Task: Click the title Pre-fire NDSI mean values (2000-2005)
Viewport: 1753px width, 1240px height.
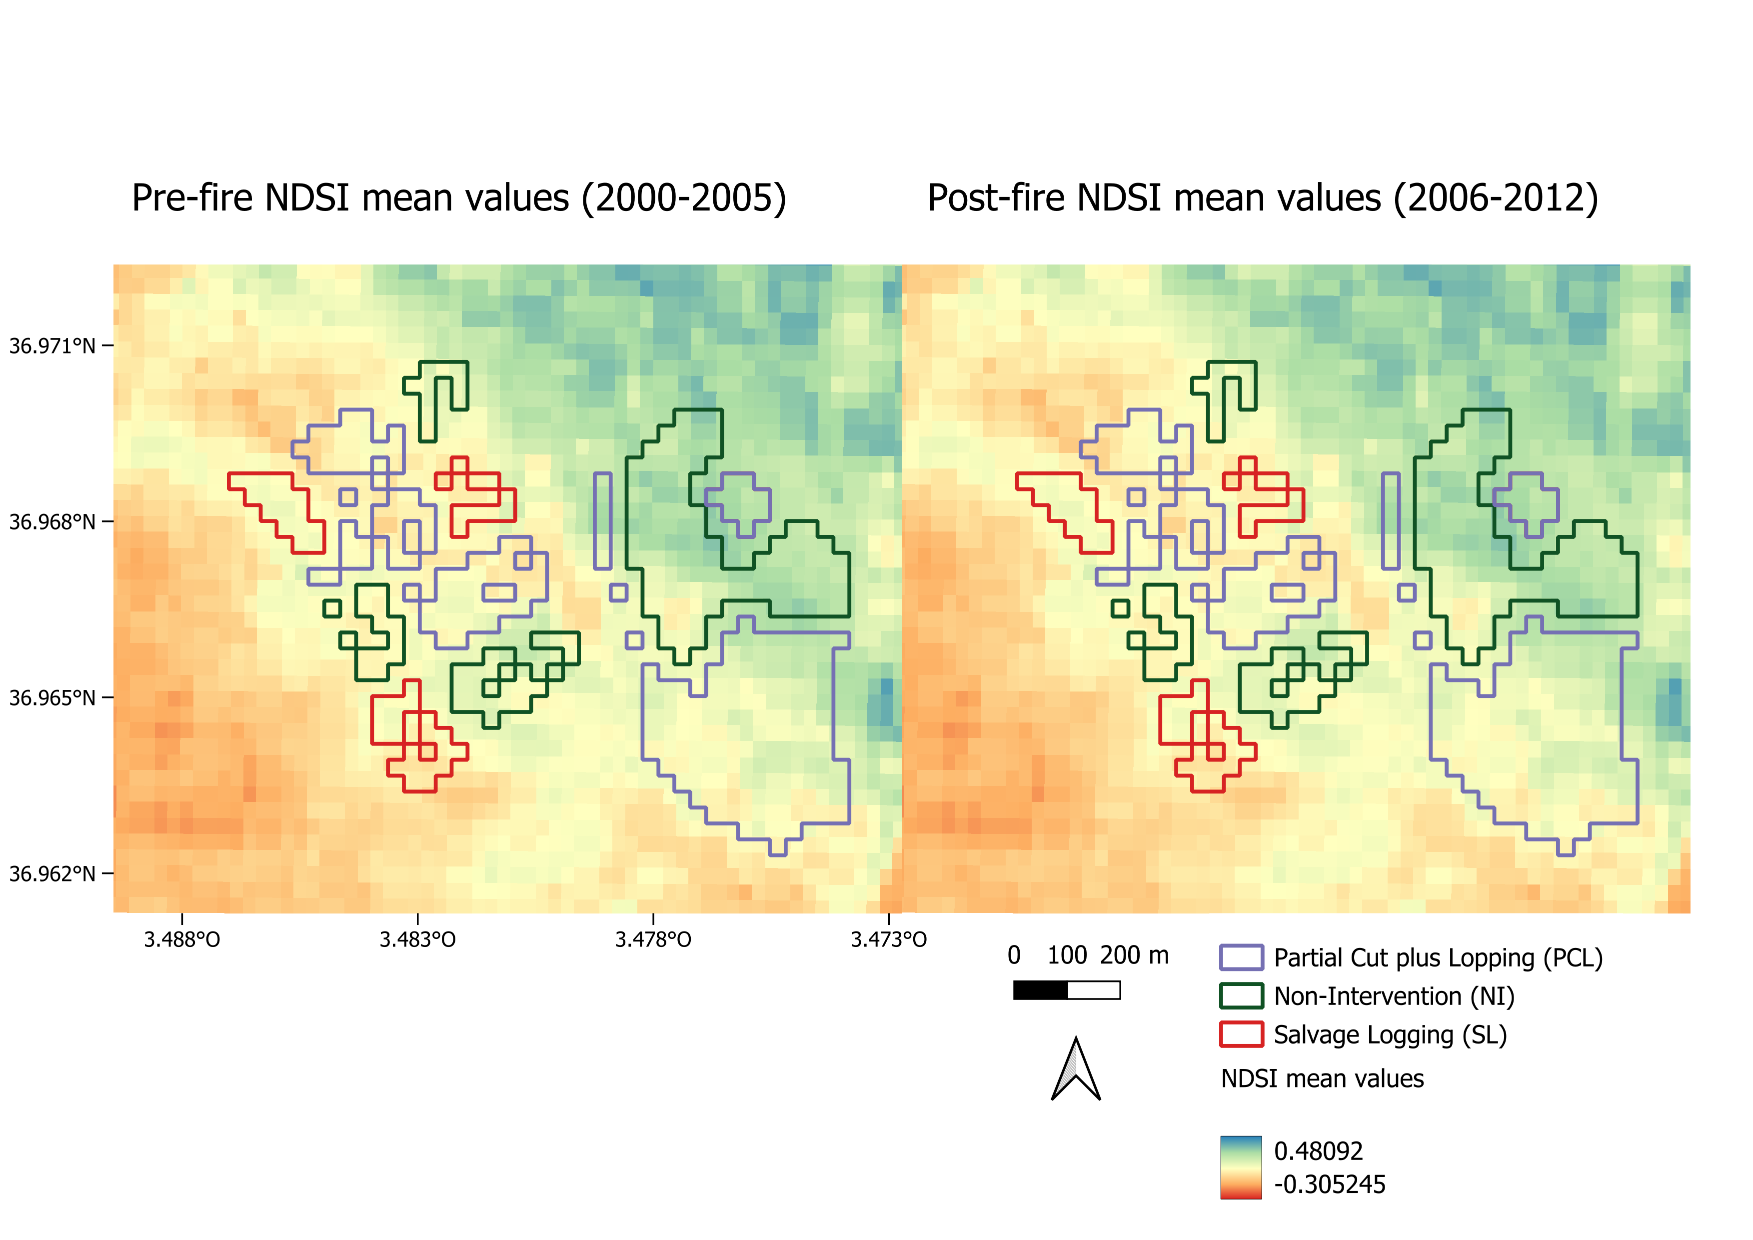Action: [459, 198]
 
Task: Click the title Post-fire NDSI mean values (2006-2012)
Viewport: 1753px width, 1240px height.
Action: [1263, 198]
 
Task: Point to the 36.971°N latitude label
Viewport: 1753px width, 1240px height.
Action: [52, 346]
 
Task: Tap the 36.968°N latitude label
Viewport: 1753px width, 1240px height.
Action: [52, 522]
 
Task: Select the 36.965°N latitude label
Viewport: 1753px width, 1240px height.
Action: [52, 698]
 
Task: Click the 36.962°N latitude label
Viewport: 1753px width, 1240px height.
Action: [52, 873]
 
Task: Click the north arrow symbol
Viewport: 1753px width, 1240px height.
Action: [1076, 1070]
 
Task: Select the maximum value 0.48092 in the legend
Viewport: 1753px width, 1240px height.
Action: [1319, 1150]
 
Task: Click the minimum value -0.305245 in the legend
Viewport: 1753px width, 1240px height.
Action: [1329, 1184]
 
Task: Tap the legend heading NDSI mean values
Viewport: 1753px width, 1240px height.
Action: [1323, 1079]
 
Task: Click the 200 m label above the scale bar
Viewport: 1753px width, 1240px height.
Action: [1135, 955]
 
